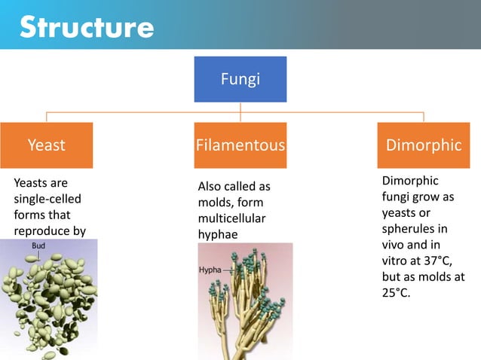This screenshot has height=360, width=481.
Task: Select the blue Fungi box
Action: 240,78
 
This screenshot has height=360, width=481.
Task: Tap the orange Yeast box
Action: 47,145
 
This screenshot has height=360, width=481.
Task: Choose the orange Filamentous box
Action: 240,145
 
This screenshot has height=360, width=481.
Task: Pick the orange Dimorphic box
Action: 423,145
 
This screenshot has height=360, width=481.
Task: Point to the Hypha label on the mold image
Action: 210,269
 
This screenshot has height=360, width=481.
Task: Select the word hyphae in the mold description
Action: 216,235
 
